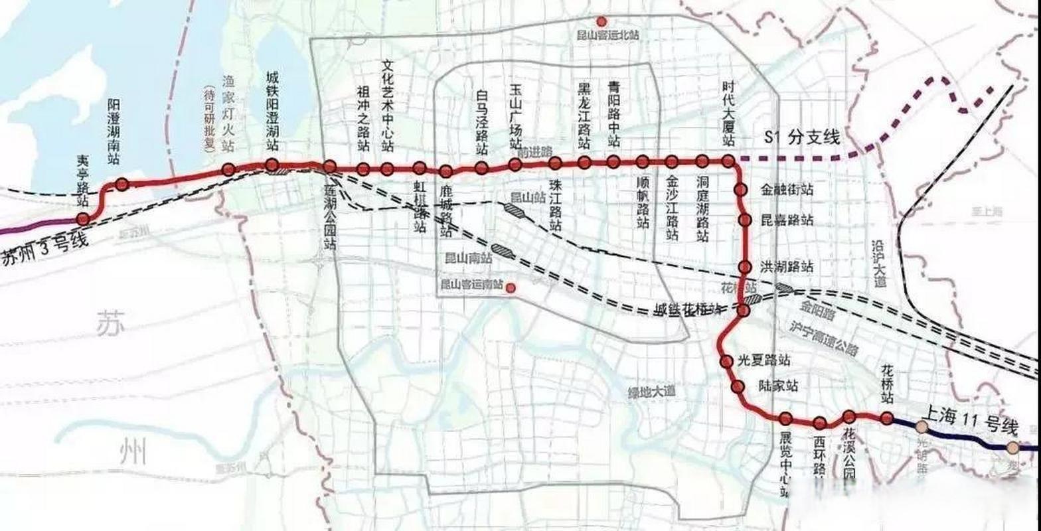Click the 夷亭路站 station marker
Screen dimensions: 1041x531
(83, 218)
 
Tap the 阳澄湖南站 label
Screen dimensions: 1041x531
(114, 132)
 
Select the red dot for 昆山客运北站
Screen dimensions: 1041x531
(601, 21)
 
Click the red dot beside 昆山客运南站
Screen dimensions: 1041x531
(511, 287)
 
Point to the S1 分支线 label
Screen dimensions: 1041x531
(802, 139)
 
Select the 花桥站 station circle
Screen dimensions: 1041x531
(887, 417)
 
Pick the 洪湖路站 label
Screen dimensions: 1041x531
(787, 267)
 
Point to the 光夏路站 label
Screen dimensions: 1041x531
(764, 361)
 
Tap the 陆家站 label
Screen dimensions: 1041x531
(778, 386)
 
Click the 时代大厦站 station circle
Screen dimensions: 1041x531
(728, 161)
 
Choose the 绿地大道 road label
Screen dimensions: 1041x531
(651, 392)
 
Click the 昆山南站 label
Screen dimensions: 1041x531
(468, 258)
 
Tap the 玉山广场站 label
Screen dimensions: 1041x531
(516, 117)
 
